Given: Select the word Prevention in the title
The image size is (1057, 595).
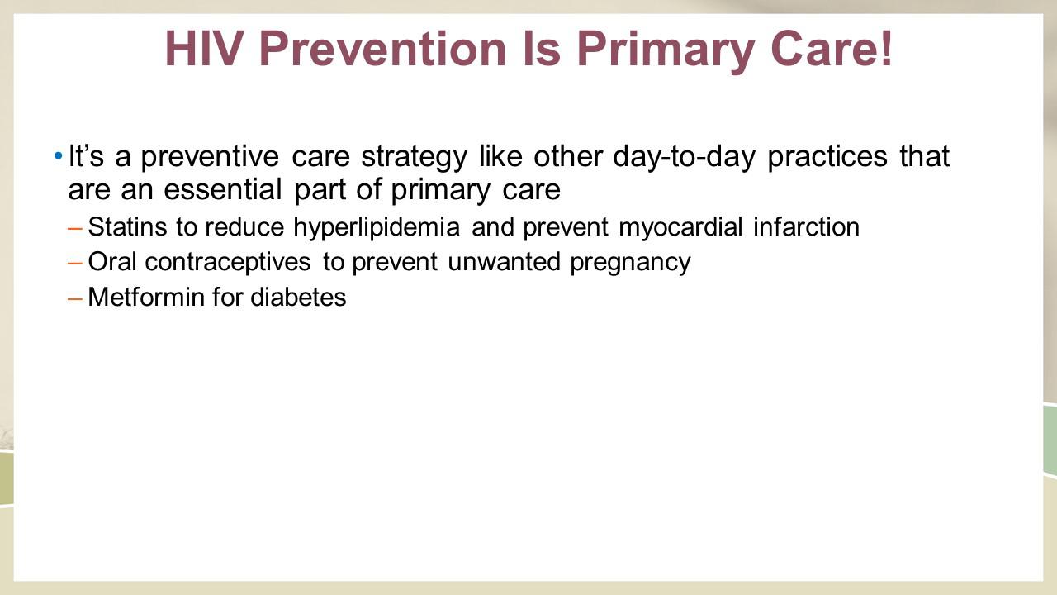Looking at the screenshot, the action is [x=383, y=49].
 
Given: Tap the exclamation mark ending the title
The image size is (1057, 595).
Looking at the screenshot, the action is [x=886, y=49].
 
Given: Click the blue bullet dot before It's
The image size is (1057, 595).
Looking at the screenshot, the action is [x=58, y=155].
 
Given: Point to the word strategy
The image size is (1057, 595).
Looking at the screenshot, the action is [x=415, y=157].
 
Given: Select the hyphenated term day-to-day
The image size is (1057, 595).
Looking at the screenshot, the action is [x=685, y=157].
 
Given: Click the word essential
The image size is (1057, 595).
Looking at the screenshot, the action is [x=223, y=189].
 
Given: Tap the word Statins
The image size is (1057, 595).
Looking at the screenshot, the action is [x=127, y=226].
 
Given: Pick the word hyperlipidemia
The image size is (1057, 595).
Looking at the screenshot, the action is [x=377, y=227].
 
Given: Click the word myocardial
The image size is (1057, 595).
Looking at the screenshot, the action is [x=680, y=227].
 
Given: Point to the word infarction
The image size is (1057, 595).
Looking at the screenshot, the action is [x=807, y=226].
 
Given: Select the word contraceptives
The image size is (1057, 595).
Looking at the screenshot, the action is [x=227, y=263].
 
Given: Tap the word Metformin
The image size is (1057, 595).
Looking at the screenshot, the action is [x=147, y=297].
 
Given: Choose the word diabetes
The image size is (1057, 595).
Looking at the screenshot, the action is [x=298, y=297].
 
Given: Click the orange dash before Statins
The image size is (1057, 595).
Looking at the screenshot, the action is [x=75, y=229].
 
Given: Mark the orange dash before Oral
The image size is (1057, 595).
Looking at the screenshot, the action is [x=75, y=264].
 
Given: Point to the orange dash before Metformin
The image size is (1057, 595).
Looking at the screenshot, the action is [x=75, y=298].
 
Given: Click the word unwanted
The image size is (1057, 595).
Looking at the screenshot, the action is [x=504, y=262].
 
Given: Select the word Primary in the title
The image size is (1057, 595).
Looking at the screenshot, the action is [x=666, y=52].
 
